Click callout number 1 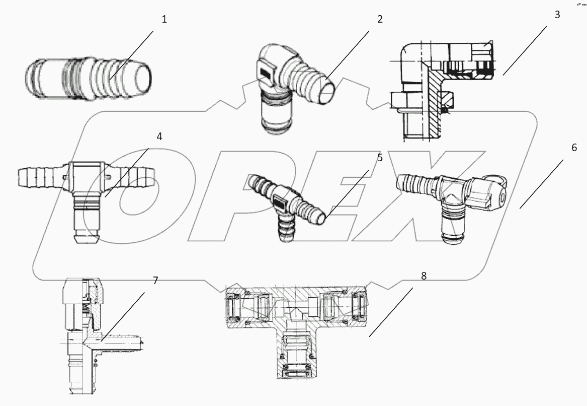pyautogui.click(x=164, y=20)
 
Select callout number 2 pyautogui.click(x=380, y=20)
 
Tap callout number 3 pyautogui.click(x=557, y=15)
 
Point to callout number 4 pyautogui.click(x=159, y=137)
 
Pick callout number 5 pyautogui.click(x=380, y=158)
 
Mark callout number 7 pyautogui.click(x=155, y=281)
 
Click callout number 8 pyautogui.click(x=424, y=276)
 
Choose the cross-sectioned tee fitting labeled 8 pyautogui.click(x=297, y=322)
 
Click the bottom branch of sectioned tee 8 pyautogui.click(x=297, y=358)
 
